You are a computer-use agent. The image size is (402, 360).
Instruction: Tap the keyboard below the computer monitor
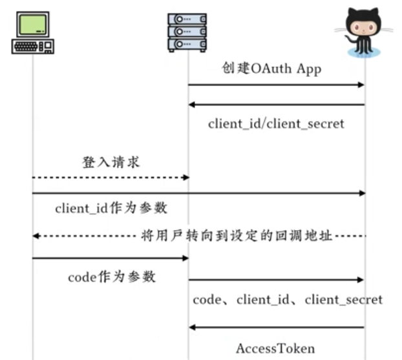pyautogui.click(x=28, y=47)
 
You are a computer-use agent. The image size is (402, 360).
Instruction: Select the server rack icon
pyautogui.click(x=187, y=32)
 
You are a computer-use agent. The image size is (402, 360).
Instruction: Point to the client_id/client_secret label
pyautogui.click(x=276, y=123)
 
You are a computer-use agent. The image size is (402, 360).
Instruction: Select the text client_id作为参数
pyautogui.click(x=111, y=208)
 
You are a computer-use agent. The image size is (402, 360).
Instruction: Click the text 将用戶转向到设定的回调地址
pyautogui.click(x=236, y=236)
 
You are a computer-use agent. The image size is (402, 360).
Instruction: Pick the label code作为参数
pyautogui.click(x=112, y=277)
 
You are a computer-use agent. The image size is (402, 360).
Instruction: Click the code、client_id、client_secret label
pyautogui.click(x=288, y=300)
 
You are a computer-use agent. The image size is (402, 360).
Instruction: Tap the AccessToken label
pyautogui.click(x=275, y=348)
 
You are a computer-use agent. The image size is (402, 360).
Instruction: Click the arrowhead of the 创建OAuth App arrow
pyautogui.click(x=362, y=85)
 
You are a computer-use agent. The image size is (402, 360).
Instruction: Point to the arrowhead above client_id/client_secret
pyautogui.click(x=192, y=105)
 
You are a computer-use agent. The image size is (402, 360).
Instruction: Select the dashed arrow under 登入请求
pyautogui.click(x=110, y=176)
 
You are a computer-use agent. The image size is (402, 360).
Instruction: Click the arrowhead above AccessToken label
pyautogui.click(x=192, y=328)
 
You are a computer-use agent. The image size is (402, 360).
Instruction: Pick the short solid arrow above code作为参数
pyautogui.click(x=110, y=258)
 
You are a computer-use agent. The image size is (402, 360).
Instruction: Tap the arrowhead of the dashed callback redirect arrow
pyautogui.click(x=36, y=236)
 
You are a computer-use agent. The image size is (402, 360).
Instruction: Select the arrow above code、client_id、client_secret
pyautogui.click(x=277, y=280)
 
